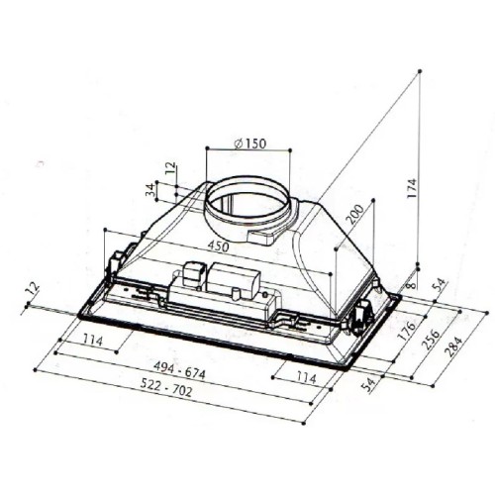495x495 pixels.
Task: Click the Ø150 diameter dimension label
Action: (249, 144)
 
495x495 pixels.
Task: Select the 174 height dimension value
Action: (412, 188)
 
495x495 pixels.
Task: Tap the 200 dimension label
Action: (354, 214)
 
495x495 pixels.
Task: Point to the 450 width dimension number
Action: (218, 247)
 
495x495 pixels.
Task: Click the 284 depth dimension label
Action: (455, 346)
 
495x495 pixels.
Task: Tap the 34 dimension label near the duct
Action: (150, 190)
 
